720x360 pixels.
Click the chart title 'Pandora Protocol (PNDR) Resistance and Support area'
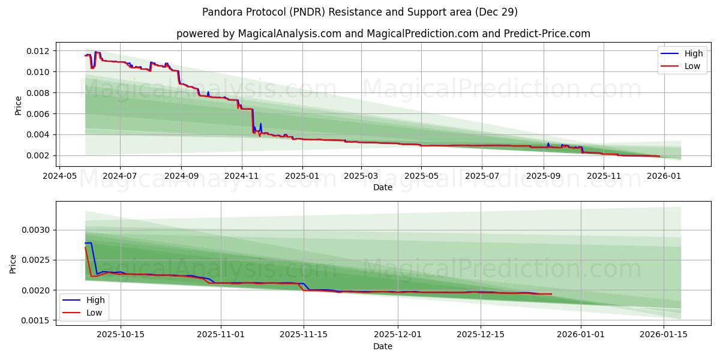(359, 12)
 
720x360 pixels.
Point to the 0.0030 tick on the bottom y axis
(36, 230)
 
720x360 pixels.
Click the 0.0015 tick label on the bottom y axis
(36, 321)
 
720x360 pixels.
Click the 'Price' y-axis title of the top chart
(18, 106)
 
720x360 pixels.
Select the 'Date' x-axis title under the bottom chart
(383, 346)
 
